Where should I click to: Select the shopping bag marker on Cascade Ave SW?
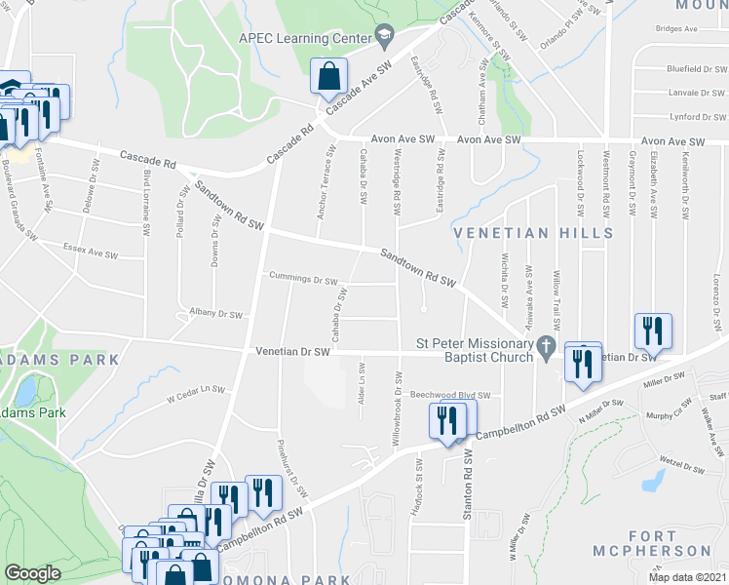(x=329, y=76)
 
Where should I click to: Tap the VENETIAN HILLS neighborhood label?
(x=534, y=233)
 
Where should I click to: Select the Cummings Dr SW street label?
(x=303, y=279)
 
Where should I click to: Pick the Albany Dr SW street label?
(x=215, y=314)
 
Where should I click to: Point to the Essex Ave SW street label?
(x=90, y=250)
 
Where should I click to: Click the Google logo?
(x=32, y=573)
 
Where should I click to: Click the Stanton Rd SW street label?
(x=468, y=485)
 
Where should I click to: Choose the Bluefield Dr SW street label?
(x=694, y=70)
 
